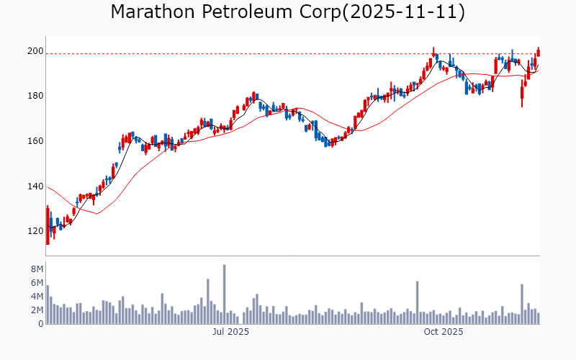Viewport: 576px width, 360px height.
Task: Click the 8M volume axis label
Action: pos(35,269)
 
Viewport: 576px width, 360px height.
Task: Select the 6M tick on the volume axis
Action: pos(35,282)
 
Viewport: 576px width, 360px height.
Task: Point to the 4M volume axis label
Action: pos(35,296)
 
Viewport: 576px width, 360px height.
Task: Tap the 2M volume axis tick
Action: pos(35,310)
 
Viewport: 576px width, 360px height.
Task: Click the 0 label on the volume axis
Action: pos(40,323)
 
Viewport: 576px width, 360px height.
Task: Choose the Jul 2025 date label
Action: pos(230,332)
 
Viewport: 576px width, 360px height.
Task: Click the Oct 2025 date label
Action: pos(444,332)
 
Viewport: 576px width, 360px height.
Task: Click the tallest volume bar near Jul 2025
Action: pos(224,295)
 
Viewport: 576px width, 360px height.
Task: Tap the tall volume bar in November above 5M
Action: pos(522,304)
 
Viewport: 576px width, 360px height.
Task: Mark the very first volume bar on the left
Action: pos(48,305)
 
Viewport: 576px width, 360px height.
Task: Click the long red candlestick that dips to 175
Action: pos(522,93)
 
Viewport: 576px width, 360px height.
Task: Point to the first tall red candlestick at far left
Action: pos(48,225)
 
